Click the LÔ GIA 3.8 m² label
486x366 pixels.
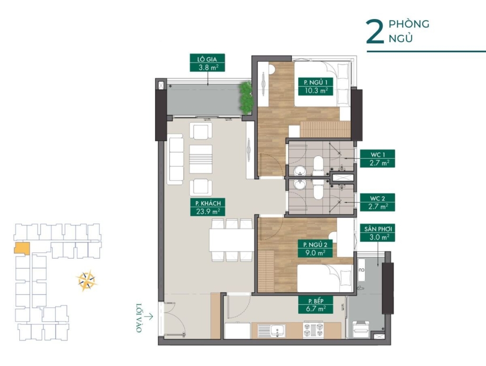tap(207, 63)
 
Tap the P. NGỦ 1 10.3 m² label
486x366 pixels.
tap(316, 86)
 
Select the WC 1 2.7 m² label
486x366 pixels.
tap(377, 159)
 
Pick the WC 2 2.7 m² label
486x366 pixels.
tap(377, 202)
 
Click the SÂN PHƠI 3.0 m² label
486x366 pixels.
tap(377, 234)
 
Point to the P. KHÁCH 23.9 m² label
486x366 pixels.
tap(208, 207)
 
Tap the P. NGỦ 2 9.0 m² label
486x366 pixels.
tap(315, 249)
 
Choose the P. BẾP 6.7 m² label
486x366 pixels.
tap(316, 305)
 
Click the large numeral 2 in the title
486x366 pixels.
tap(375, 32)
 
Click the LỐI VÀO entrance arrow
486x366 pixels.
tap(149, 317)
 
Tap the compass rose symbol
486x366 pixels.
tap(87, 281)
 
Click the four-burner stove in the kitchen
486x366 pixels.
tap(313, 330)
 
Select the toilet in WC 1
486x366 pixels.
tap(318, 166)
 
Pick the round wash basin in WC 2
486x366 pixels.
tap(300, 184)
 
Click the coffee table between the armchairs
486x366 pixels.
tap(201, 159)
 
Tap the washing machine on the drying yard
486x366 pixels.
tap(361, 329)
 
